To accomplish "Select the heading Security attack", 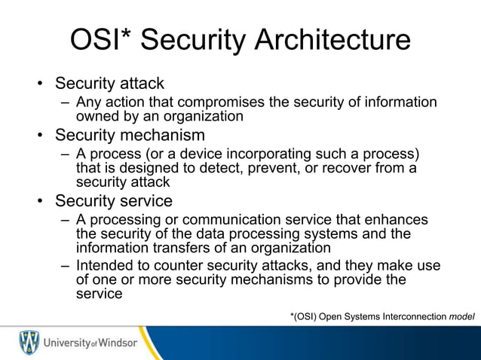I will [x=109, y=83].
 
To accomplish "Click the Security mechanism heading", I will [x=130, y=136].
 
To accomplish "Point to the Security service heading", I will [x=114, y=201].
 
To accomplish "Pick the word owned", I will [x=94, y=116].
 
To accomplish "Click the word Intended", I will [x=103, y=267].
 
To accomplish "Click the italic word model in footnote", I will [x=461, y=316].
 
